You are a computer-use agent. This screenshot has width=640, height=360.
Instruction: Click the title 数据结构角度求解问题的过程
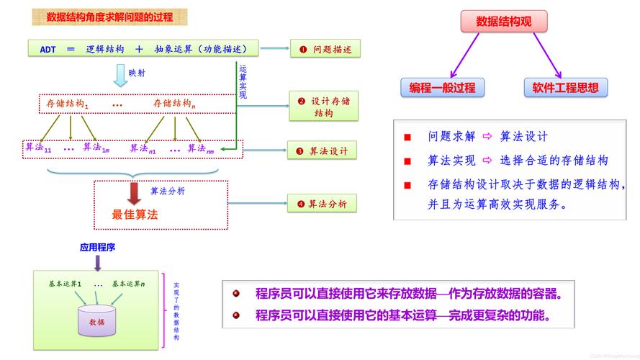[x=109, y=17]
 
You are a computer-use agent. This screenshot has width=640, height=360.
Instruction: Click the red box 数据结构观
[x=503, y=22]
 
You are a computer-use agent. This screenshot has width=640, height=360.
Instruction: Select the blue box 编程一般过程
[x=442, y=88]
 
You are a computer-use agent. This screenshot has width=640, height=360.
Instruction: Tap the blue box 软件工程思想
[x=565, y=88]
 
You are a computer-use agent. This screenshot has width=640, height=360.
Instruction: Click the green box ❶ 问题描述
[x=325, y=49]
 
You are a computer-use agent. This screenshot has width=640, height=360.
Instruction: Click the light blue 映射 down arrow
[x=120, y=75]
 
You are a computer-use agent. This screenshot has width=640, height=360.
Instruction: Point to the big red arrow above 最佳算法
[x=134, y=193]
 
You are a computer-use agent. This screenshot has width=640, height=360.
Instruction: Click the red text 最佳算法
[x=135, y=215]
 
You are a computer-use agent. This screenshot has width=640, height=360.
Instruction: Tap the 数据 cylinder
[x=96, y=321]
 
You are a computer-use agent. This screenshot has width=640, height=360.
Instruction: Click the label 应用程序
[x=98, y=247]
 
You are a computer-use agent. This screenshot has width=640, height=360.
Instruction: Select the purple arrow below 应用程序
[x=98, y=263]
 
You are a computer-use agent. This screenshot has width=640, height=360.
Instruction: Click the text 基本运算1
[x=66, y=284]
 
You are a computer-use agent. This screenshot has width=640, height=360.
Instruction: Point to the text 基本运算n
[x=128, y=284]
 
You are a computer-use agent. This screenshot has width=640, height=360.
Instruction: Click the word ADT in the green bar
[x=48, y=49]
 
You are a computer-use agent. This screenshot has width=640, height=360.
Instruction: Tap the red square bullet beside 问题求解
[x=407, y=137]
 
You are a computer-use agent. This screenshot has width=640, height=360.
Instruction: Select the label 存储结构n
[x=174, y=104]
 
